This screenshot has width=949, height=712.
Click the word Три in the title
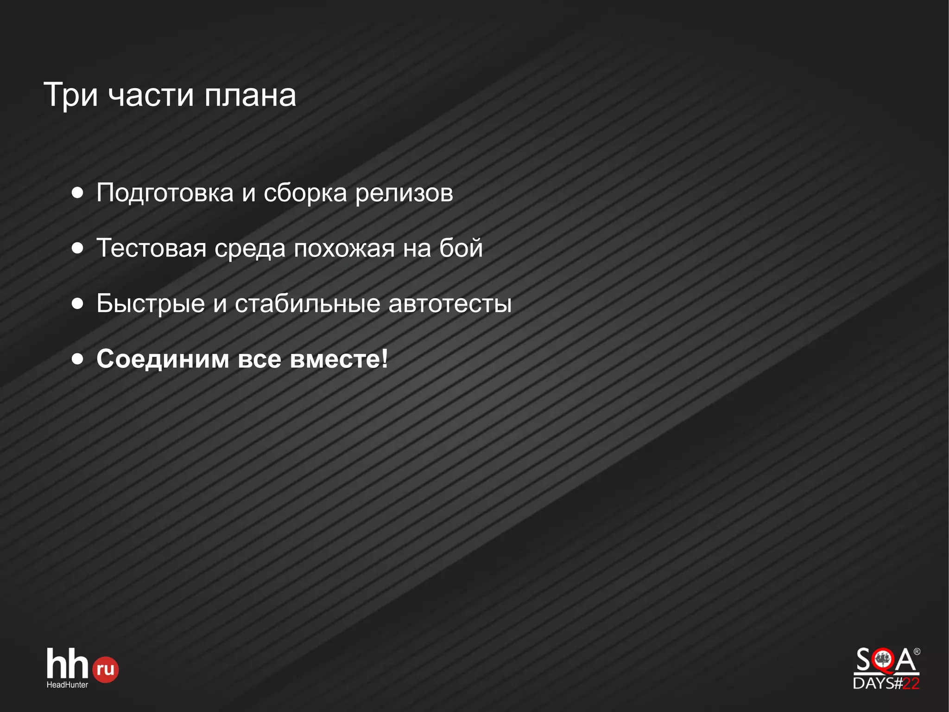70,95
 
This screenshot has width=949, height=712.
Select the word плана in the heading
250,95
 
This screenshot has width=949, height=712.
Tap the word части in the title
151,95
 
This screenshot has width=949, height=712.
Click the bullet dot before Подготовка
78,192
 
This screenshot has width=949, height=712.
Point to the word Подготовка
165,192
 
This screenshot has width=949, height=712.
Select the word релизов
404,193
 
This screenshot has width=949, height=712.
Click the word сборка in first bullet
305,193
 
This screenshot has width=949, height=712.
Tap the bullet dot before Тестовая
78,248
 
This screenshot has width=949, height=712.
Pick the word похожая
344,249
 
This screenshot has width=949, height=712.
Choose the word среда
250,249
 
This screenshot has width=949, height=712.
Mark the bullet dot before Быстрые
78,304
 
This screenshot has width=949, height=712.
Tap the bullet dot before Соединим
78,359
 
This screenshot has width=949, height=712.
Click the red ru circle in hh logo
106,669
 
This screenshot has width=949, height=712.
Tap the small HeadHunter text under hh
67,685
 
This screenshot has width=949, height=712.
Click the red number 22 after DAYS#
911,683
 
